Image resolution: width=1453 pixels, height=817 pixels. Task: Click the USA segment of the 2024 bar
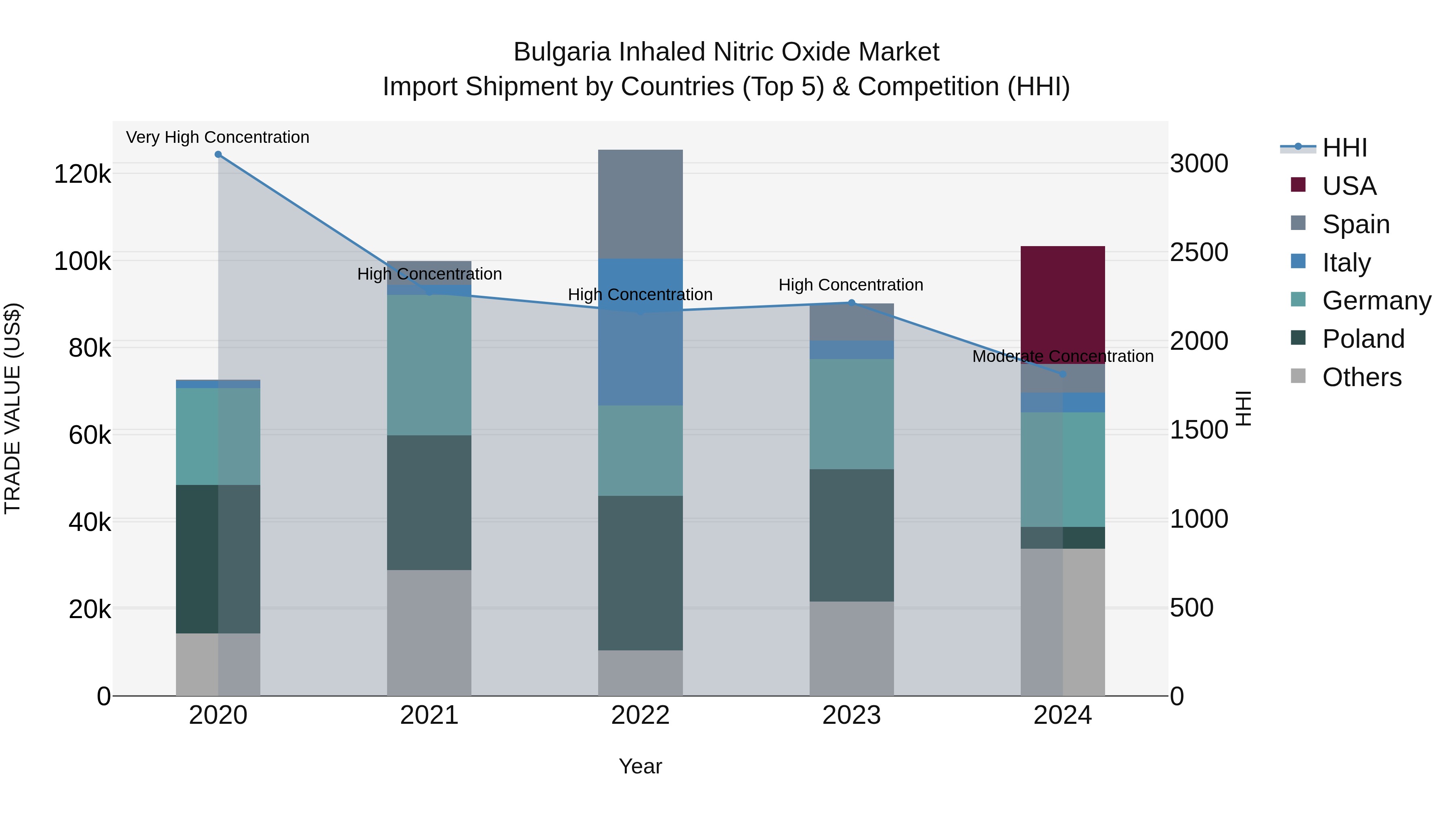point(1063,305)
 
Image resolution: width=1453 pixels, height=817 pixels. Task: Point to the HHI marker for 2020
point(218,155)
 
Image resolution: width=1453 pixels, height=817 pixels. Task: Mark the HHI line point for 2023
point(852,303)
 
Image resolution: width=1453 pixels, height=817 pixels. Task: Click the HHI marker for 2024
point(1063,374)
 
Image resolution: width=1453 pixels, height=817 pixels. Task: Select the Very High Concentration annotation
point(218,137)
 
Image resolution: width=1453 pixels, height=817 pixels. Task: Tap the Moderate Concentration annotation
point(1063,356)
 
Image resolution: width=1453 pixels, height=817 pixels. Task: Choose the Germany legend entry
point(1376,301)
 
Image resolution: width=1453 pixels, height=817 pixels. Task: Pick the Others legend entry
point(1362,377)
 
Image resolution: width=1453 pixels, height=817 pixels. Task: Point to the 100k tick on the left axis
point(82,261)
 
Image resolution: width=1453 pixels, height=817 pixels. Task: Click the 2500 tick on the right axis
point(1199,252)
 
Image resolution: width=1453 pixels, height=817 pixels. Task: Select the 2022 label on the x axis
point(640,715)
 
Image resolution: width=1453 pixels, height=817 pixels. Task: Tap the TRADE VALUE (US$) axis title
point(13,408)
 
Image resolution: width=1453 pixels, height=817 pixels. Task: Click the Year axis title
point(640,766)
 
